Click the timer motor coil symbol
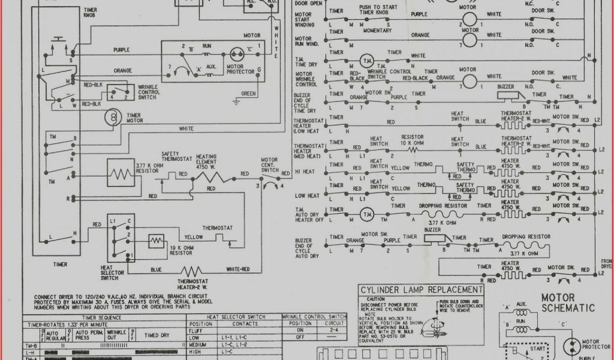click(x=112, y=118)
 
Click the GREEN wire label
click(x=248, y=94)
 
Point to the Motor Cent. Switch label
click(x=269, y=164)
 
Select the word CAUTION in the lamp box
click(x=376, y=298)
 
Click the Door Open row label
click(x=308, y=3)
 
